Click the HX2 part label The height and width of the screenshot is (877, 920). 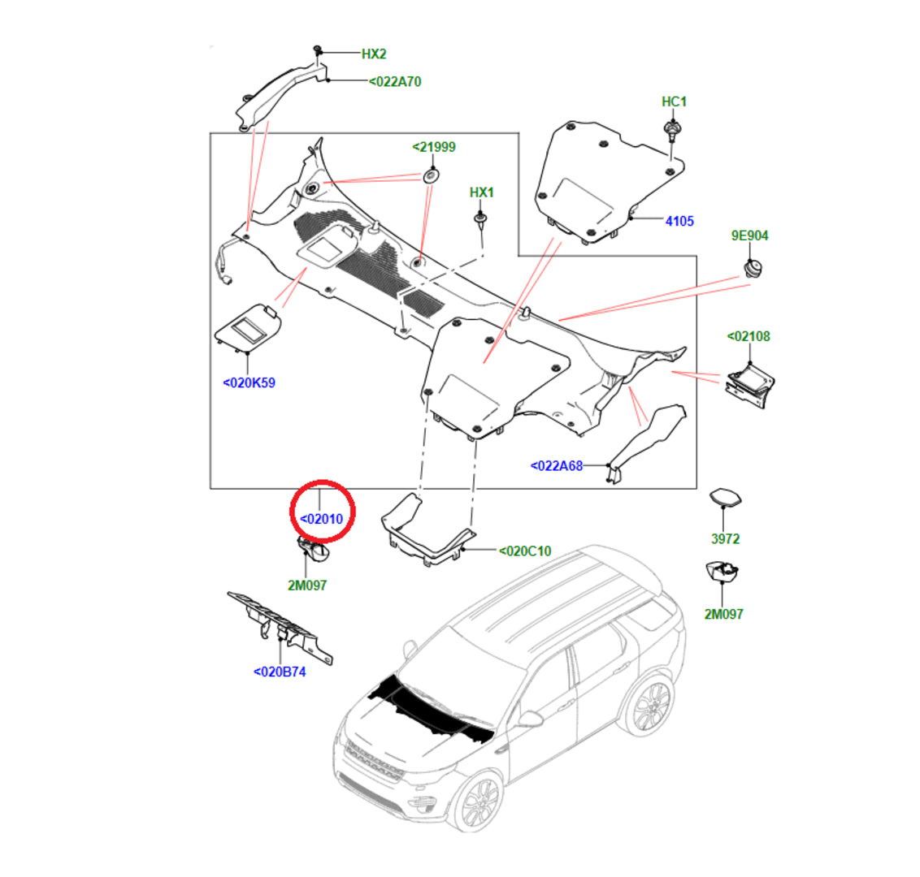coord(374,54)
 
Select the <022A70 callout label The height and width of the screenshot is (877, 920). coord(395,81)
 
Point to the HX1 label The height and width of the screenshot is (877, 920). coord(481,192)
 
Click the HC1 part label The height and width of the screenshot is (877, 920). coord(674,102)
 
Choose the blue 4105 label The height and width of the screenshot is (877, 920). coord(679,221)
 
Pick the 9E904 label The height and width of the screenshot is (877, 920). coord(749,235)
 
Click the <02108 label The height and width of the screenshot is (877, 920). coord(748,336)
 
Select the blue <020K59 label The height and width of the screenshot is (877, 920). coord(249,382)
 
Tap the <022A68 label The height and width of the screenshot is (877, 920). coord(557,466)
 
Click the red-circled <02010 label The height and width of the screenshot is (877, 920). coord(322,519)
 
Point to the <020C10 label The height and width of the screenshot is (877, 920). coord(524,551)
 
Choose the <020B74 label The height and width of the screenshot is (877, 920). coord(280,672)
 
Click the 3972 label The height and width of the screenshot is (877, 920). coord(725,538)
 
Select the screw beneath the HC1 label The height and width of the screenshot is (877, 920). coord(672,130)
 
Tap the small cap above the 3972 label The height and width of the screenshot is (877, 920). coord(725,498)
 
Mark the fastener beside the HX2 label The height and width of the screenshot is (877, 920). coord(319,52)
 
